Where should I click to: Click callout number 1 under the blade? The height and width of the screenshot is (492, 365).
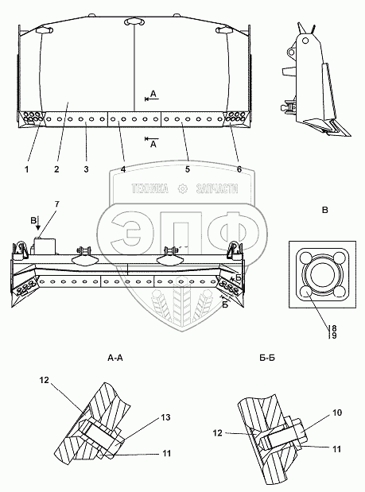coord(27,169)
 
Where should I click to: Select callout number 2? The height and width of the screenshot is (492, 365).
coord(56,169)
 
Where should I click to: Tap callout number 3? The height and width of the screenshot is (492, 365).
coord(87,169)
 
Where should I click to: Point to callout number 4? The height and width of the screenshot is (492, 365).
coord(123,169)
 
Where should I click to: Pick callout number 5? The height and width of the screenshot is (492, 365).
coord(188,169)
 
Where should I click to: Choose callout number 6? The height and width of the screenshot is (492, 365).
coord(239,169)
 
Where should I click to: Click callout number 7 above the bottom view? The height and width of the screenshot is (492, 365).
coord(56,204)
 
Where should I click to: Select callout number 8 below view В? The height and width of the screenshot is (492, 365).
coord(334,328)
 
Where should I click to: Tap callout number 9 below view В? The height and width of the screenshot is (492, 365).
coord(334,335)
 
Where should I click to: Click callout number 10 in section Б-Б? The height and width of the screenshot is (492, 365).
coord(337,413)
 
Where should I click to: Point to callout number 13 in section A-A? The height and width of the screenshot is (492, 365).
coord(165,417)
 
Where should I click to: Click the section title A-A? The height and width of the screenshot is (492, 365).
coord(115,358)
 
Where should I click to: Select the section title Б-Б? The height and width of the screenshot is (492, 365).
coord(267,358)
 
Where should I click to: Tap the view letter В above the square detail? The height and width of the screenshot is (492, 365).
coord(325,210)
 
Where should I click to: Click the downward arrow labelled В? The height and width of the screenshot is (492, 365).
coord(38,223)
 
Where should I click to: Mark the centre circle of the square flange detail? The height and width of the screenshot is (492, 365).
coord(323,273)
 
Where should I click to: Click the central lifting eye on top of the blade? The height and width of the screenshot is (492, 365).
coord(134,21)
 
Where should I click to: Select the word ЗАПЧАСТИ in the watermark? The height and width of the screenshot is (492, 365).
coord(217,188)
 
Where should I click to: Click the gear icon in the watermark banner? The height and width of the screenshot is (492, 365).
coord(182,188)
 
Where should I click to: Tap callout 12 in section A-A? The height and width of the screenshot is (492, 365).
coord(45,380)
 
